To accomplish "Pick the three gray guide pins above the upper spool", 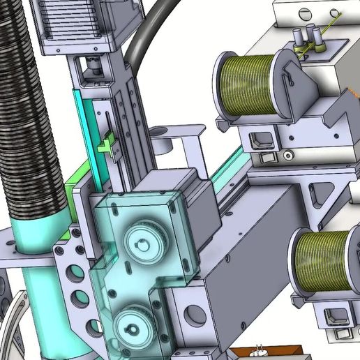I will coord(307,38).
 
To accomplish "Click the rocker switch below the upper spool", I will coord(262,141).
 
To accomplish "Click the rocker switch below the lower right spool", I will coord(337,317).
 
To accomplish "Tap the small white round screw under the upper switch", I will coord(287,155).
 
